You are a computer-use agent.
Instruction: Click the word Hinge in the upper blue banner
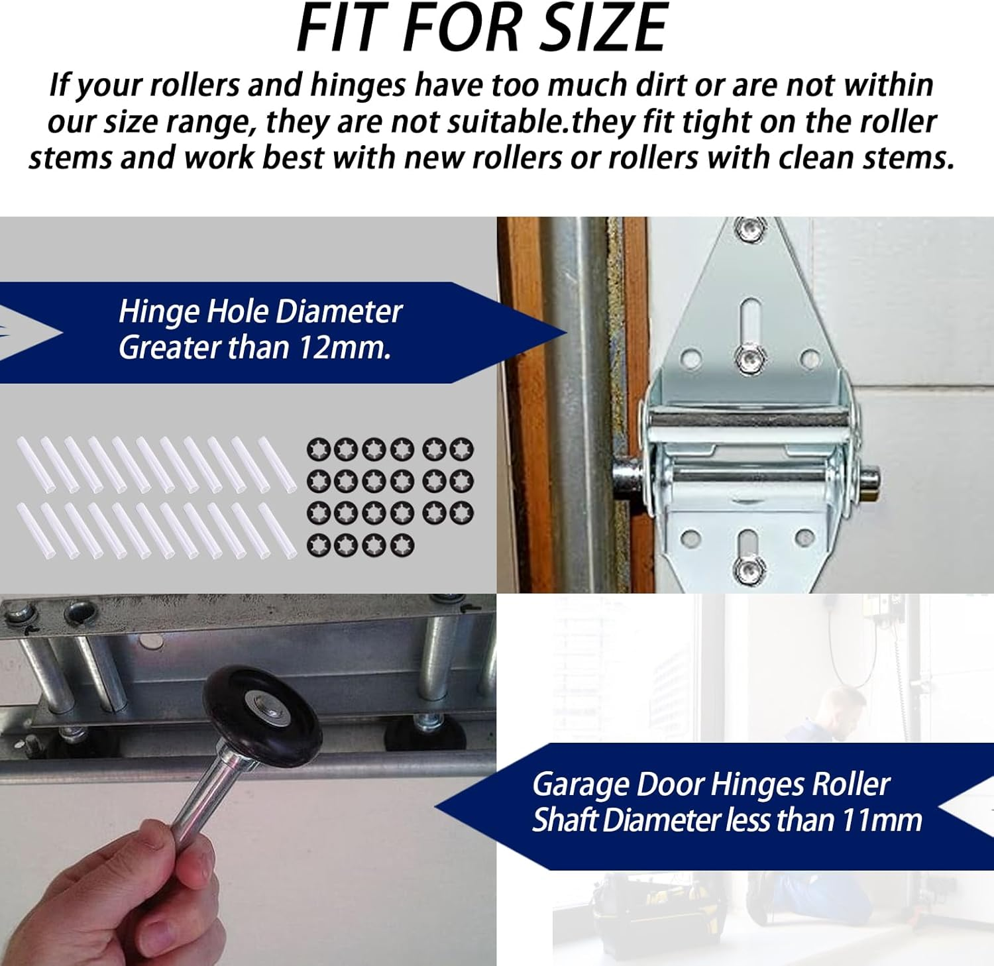158,311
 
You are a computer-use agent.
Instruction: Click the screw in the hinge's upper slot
749,358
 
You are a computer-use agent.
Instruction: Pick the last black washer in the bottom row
402,545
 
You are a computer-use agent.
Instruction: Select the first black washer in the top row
319,450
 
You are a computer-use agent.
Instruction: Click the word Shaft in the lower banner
565,820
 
